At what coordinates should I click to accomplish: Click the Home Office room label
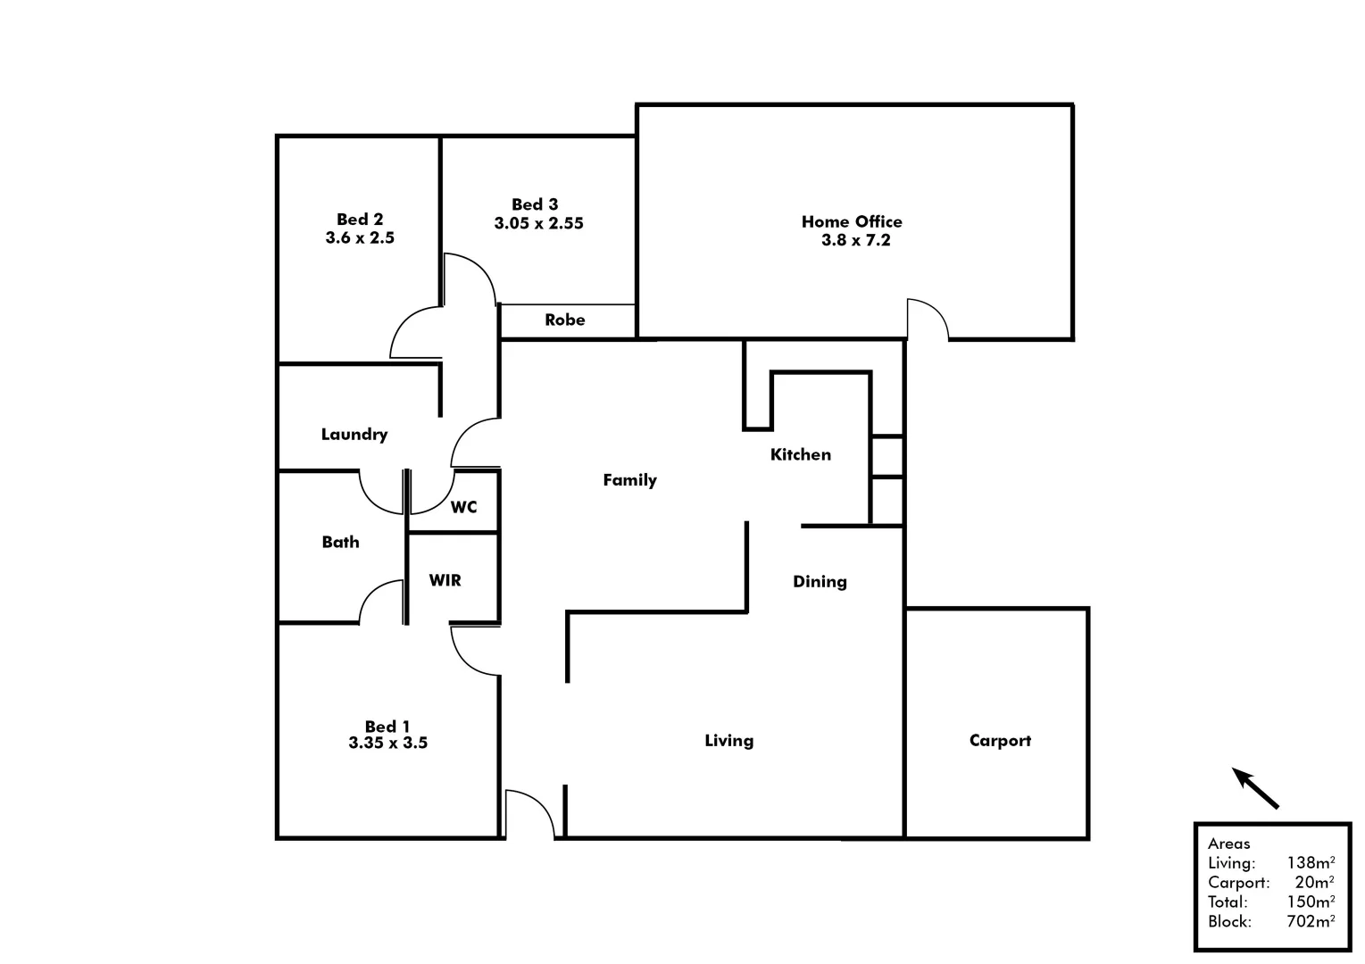click(x=852, y=221)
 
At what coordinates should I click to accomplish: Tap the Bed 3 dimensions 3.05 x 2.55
click(x=538, y=223)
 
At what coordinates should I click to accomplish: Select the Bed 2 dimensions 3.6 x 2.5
click(x=360, y=238)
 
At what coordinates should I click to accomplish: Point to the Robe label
click(x=565, y=320)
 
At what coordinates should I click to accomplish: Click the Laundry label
click(x=354, y=435)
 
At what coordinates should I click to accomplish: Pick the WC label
click(x=463, y=507)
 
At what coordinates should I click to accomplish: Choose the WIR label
click(x=445, y=580)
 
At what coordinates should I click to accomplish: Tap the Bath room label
click(x=340, y=542)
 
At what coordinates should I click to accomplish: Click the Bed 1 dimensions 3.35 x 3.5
click(x=387, y=743)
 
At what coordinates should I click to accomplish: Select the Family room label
click(x=629, y=480)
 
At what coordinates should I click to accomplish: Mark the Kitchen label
click(x=800, y=454)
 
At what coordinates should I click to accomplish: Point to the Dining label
click(x=820, y=582)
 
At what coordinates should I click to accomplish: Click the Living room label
click(x=728, y=741)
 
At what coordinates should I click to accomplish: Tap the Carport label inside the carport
click(x=1000, y=741)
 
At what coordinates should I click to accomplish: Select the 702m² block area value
click(x=1311, y=922)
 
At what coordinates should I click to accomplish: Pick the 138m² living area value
click(x=1311, y=863)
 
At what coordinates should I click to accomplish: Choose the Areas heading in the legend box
click(x=1228, y=843)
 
